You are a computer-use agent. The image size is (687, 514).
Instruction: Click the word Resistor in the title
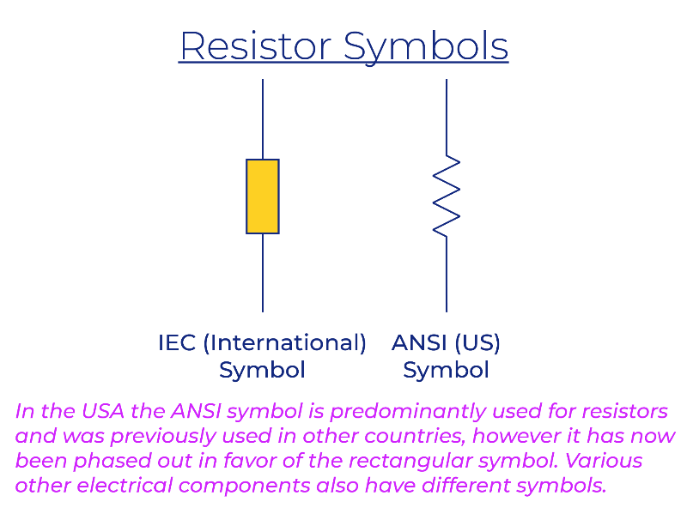[x=256, y=46]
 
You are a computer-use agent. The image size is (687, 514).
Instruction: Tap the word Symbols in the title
[x=426, y=48]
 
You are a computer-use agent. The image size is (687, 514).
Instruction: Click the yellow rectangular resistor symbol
[x=263, y=197]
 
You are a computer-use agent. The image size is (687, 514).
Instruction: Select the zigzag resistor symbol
[x=447, y=197]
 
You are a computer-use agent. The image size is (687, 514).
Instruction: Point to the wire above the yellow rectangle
[x=263, y=119]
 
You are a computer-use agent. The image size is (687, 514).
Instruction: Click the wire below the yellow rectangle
[x=263, y=273]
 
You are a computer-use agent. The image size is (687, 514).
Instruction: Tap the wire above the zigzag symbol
[x=447, y=117]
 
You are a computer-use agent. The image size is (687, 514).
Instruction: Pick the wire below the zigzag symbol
[x=447, y=275]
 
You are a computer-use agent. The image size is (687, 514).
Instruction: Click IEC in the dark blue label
[x=177, y=342]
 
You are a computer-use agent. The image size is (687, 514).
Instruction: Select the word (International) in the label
[x=285, y=343]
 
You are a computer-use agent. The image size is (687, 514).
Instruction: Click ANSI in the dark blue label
[x=419, y=342]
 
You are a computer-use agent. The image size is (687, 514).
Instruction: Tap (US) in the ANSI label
[x=477, y=343]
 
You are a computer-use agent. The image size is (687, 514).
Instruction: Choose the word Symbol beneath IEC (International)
[x=262, y=371]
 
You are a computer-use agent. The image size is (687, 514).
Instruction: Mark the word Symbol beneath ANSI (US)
[x=446, y=371]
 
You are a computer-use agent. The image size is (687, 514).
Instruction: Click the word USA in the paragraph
[x=102, y=411]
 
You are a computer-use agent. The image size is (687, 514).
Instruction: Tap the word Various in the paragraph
[x=604, y=461]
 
